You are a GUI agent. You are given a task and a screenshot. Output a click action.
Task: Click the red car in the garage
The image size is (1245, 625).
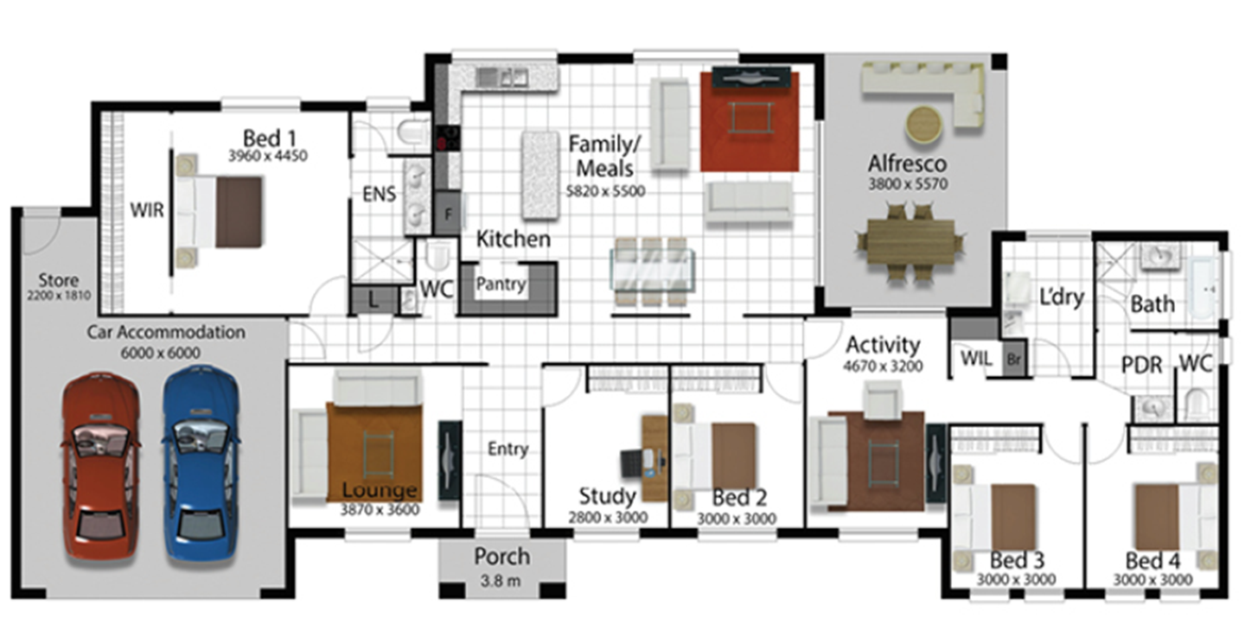coord(100,469)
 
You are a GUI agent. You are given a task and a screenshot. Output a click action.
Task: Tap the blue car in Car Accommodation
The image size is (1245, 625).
coord(201,466)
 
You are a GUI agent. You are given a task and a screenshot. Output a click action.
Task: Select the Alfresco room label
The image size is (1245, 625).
coord(907,164)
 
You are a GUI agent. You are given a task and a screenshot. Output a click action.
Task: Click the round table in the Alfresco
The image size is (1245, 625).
coord(923,124)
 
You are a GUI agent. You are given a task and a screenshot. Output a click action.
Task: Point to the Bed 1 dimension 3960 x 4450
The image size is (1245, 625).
coord(268,156)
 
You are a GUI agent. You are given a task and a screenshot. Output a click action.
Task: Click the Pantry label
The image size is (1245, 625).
coord(501,284)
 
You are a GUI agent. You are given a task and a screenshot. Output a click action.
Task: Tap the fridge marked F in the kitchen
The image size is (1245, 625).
coord(448,214)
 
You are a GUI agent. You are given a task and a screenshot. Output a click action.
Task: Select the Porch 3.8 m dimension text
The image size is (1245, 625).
coord(501,582)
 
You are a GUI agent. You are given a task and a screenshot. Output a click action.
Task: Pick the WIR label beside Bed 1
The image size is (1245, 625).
coord(147,210)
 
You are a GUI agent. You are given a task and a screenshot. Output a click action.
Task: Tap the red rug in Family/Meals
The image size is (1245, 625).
coord(750,121)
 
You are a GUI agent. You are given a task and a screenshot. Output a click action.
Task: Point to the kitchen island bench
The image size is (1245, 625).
coord(540,175)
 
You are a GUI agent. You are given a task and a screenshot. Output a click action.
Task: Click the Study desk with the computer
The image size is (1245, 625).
coord(654,459)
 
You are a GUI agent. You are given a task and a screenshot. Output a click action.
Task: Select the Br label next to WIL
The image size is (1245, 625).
coord(1013,360)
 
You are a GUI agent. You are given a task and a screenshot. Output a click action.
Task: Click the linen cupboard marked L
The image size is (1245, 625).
coord(373,301)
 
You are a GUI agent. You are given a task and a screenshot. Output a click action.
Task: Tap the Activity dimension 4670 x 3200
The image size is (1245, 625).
coord(883,367)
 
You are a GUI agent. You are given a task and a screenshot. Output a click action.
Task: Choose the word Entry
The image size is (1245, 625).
coord(508,449)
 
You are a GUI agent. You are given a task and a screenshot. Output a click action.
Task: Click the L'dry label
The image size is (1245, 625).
coord(1061,297)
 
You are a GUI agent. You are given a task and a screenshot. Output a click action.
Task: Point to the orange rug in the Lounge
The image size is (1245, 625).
coord(374,451)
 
